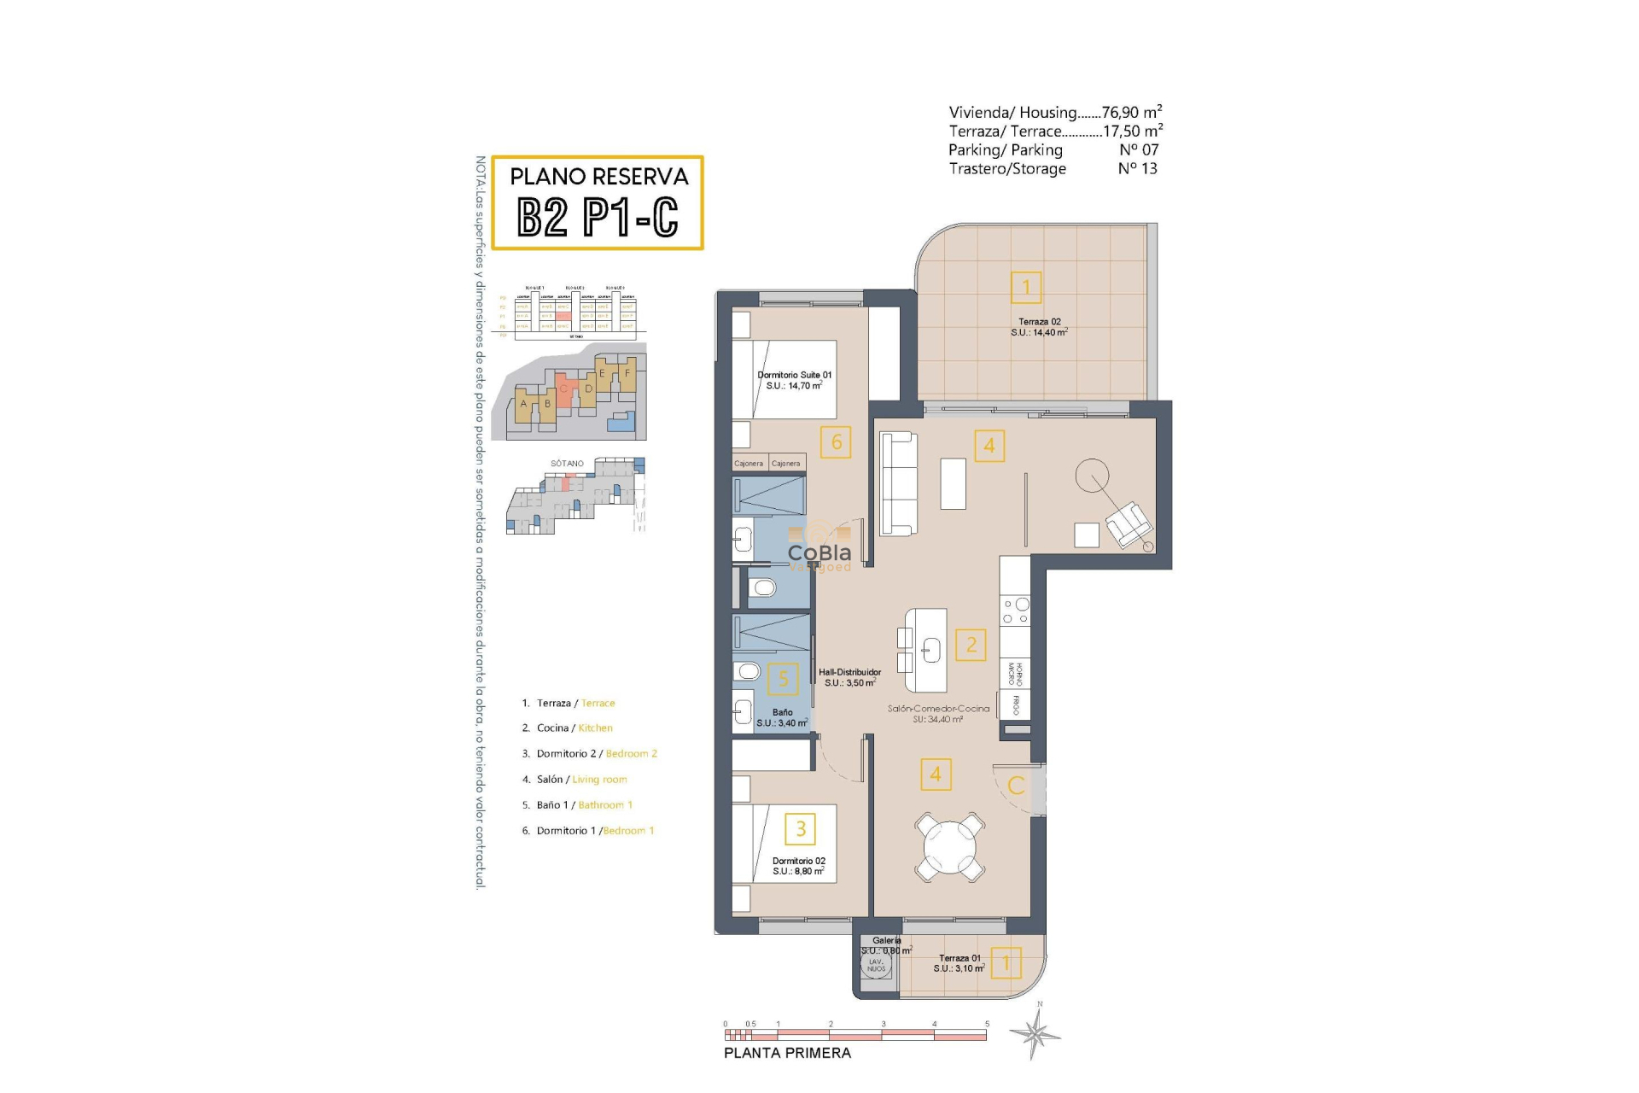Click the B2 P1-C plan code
[598, 217]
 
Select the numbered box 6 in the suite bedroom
[836, 442]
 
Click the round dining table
[949, 847]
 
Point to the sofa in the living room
[898, 483]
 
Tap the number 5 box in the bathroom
[783, 679]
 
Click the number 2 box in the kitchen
[971, 645]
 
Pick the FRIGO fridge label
[1016, 705]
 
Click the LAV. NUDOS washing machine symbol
[877, 966]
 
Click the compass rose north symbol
[1035, 1033]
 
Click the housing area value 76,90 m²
[1131, 113]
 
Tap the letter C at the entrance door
[1016, 786]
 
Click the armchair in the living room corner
[1128, 524]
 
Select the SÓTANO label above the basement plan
[567, 464]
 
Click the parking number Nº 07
[1139, 150]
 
